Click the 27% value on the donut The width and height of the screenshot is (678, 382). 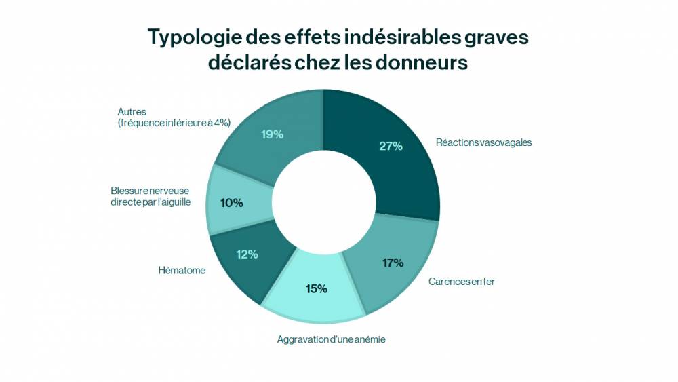391,146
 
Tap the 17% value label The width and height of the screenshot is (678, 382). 393,263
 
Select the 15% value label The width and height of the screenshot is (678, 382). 316,288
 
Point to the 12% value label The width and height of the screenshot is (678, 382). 247,254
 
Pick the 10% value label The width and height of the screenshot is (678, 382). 232,203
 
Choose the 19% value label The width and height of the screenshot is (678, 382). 272,134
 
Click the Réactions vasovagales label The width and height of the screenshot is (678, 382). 483,142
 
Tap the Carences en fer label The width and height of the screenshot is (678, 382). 461,281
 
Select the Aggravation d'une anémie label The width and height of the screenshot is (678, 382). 331,339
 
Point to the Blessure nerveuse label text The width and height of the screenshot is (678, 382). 151,191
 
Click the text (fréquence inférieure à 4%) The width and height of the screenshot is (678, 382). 174,122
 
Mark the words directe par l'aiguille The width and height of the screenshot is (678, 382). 151,202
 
